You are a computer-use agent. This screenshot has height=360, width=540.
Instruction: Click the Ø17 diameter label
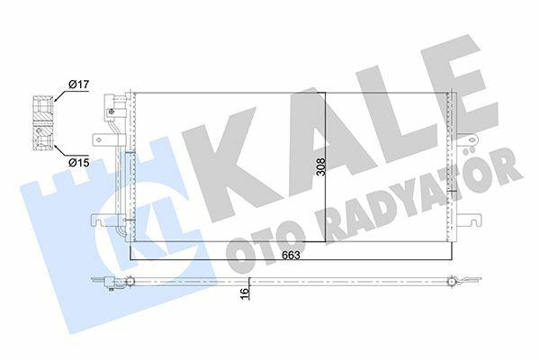[78, 85]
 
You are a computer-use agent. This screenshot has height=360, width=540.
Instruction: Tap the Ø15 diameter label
[78, 162]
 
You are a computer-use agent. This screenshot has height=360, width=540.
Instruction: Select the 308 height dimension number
[320, 166]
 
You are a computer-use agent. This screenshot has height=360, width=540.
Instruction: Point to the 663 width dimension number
[291, 256]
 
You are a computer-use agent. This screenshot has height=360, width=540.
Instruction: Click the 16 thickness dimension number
[244, 293]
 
